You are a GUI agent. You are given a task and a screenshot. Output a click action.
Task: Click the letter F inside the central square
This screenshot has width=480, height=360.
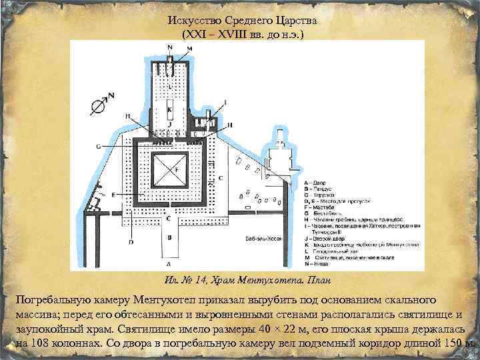[177, 170]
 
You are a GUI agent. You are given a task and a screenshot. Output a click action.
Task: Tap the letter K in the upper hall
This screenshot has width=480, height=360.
[170, 109]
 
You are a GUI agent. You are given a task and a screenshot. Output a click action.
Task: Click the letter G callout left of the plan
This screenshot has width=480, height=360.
[98, 145]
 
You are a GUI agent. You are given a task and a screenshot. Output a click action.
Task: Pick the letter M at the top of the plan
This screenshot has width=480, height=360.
[191, 49]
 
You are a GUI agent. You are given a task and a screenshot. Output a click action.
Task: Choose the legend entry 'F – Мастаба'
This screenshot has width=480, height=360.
[319, 207]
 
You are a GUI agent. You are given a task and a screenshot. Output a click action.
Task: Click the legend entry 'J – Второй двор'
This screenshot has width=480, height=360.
[325, 237]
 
